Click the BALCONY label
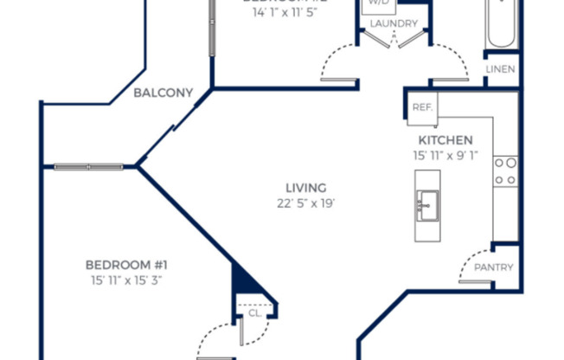pos(163,93)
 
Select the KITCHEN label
pos(445,140)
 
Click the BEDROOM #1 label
pos(125,265)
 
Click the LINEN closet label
pos(500,68)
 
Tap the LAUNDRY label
pos(394,23)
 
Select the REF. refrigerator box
pos(422,108)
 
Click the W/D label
pos(379,3)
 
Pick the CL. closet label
pos(254,313)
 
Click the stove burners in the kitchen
pos(505,170)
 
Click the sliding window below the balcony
pos(88,166)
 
